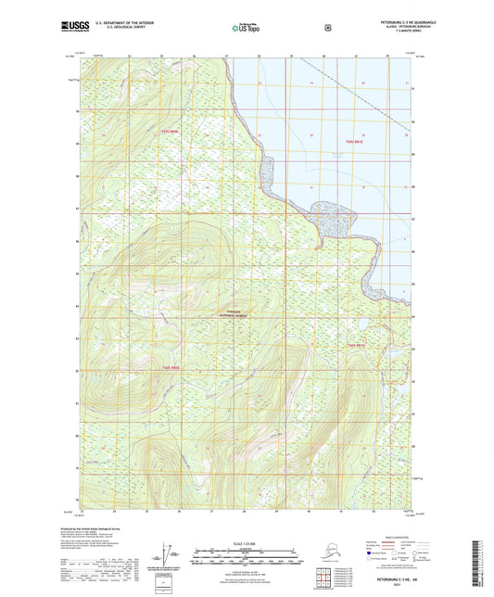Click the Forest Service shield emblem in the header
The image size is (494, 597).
pyautogui.click(x=327, y=28)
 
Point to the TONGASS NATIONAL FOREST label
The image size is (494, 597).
pyautogui.click(x=233, y=312)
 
